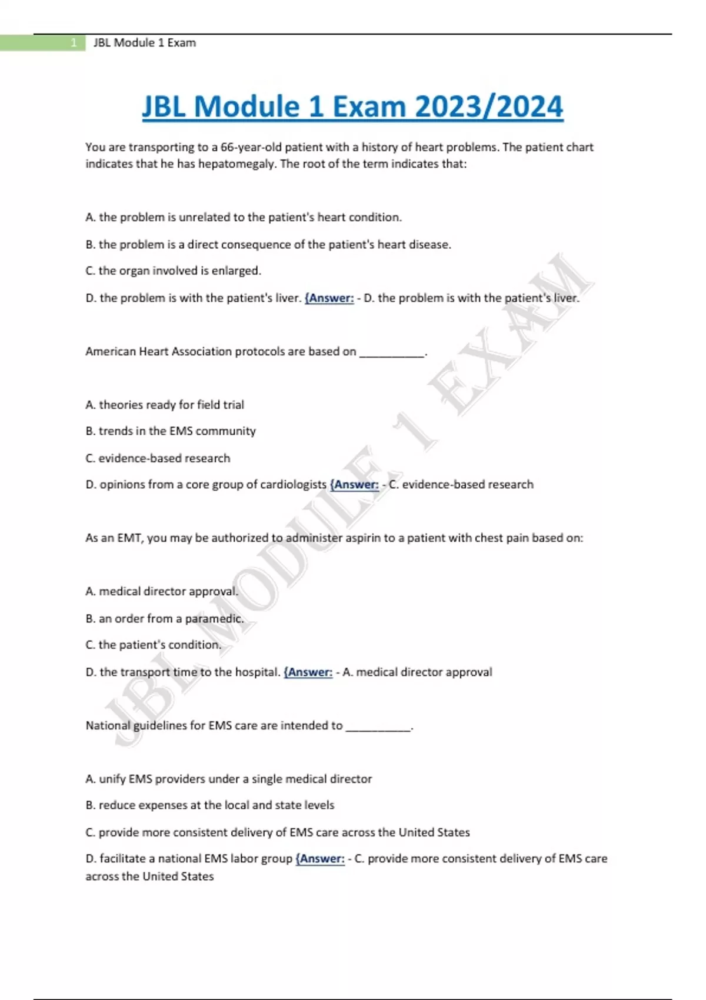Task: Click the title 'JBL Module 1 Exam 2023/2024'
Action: pyautogui.click(x=352, y=107)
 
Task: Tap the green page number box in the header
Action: pyautogui.click(x=42, y=43)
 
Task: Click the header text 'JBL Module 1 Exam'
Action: pyautogui.click(x=145, y=43)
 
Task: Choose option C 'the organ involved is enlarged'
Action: pyautogui.click(x=174, y=271)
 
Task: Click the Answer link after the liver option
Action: pyautogui.click(x=329, y=298)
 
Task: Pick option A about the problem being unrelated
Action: pyautogui.click(x=244, y=218)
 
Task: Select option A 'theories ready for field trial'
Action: pyautogui.click(x=165, y=405)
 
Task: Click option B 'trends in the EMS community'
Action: pyautogui.click(x=171, y=431)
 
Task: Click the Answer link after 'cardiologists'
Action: pyautogui.click(x=355, y=485)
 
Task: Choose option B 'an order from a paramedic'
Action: pyautogui.click(x=165, y=619)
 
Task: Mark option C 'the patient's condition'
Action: pyautogui.click(x=154, y=645)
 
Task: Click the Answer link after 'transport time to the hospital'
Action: pyautogui.click(x=308, y=672)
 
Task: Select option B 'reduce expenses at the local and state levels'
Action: pyautogui.click(x=210, y=805)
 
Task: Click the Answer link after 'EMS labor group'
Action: pyautogui.click(x=321, y=859)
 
